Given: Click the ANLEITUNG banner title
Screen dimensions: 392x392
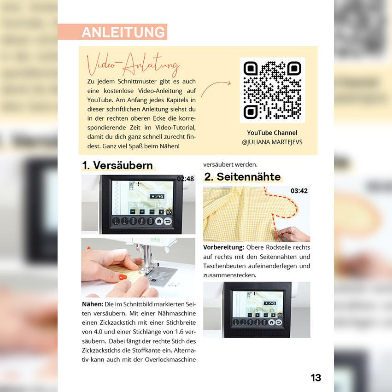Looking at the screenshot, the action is pos(123,32).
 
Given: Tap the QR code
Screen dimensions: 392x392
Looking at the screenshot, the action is pos(272,90).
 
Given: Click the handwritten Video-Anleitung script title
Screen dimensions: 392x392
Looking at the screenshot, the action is pos(133,64).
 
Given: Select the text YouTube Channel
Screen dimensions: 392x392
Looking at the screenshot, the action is pos(272,133).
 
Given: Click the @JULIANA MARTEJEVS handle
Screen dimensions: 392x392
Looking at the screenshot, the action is pos(272,142).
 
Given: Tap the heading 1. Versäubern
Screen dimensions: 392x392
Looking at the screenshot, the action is pos(117,165).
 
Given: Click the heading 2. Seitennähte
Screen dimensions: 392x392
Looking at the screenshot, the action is pos(242,177).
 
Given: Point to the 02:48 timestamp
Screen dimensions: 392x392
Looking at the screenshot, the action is pos(186,179).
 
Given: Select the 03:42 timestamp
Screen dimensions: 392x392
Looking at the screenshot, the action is pos(299,191).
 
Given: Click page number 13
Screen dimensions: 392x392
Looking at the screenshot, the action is pos(316,378).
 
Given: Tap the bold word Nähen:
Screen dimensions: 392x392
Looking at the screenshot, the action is pos(93,304).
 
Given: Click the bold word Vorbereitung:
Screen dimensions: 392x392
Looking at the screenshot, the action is pos(223,247).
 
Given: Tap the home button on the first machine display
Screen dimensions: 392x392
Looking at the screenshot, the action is pos(159,221).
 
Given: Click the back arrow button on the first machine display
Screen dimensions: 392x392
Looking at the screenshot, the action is pos(168,221).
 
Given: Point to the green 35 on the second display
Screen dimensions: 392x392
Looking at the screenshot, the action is pos(256,310).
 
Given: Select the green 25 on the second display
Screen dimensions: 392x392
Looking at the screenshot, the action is pos(272,310).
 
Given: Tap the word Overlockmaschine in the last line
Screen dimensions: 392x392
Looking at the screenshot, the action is pos(170,359).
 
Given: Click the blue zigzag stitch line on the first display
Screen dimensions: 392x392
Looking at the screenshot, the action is pos(116,198).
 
